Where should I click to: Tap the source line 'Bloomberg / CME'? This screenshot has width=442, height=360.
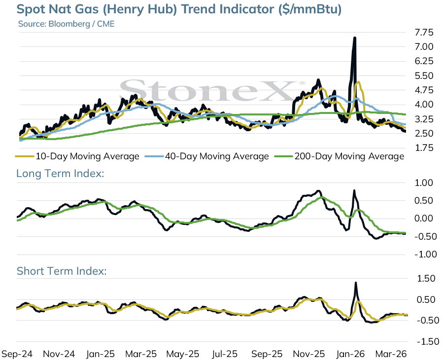(81, 24)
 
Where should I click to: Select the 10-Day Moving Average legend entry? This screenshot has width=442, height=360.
(77, 156)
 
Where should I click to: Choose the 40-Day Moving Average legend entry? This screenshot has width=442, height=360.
(207, 156)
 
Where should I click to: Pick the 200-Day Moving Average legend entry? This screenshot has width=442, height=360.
(340, 156)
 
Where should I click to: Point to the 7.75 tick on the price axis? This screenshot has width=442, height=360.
(424, 33)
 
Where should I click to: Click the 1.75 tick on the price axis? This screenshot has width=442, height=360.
(424, 148)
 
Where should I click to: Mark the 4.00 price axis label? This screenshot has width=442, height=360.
(424, 105)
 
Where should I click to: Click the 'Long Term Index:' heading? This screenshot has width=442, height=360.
(60, 173)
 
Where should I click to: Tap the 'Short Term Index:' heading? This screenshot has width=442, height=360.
(62, 271)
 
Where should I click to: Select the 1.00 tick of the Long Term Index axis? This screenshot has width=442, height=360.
(424, 183)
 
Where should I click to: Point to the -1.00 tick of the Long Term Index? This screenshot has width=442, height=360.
(426, 254)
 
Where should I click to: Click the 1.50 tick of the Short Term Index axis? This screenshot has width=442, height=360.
(426, 279)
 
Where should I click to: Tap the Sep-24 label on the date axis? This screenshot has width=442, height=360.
(17, 354)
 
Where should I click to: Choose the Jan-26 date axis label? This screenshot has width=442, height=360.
(350, 354)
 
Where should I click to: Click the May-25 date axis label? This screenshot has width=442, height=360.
(183, 354)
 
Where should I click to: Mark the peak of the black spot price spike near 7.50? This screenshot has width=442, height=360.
(354, 38)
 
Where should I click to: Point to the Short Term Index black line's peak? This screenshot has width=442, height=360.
(356, 283)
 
